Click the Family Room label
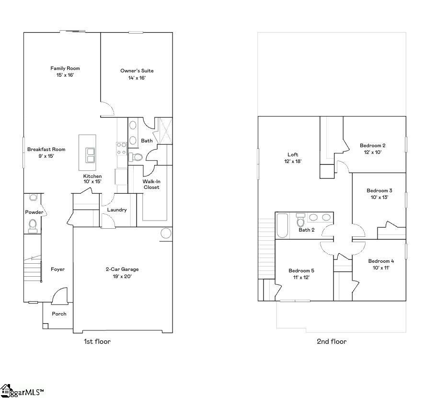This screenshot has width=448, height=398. [x=65, y=68]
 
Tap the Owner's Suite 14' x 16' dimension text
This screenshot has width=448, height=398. [x=137, y=78]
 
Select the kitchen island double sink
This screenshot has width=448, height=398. [x=90, y=155]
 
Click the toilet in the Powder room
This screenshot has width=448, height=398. [x=33, y=224]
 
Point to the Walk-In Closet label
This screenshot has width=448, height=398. [x=151, y=184]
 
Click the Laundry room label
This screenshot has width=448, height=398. [x=117, y=210]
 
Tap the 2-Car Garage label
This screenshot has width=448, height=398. [x=122, y=269]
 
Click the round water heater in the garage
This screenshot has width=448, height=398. [x=166, y=234]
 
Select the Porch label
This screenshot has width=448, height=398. [x=59, y=314]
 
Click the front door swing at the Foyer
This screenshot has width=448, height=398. [x=60, y=296]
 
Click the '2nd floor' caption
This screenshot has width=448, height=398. [x=332, y=341]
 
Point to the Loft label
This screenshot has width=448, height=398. [x=293, y=154]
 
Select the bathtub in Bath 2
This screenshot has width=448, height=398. [x=282, y=226]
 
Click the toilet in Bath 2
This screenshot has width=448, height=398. [x=301, y=221]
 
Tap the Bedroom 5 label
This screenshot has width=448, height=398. [x=301, y=270]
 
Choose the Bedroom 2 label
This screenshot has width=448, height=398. [x=373, y=145]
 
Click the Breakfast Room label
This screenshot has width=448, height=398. [x=46, y=149]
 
